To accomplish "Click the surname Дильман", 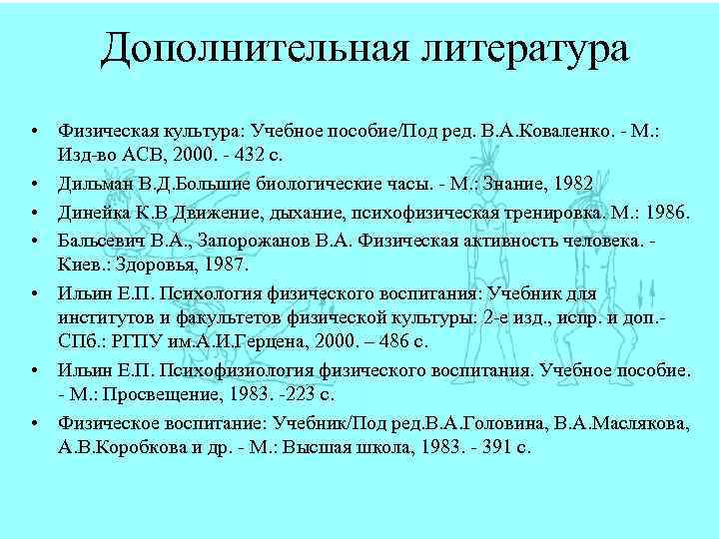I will click(x=92, y=183).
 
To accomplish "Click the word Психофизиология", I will click(x=209, y=370).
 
